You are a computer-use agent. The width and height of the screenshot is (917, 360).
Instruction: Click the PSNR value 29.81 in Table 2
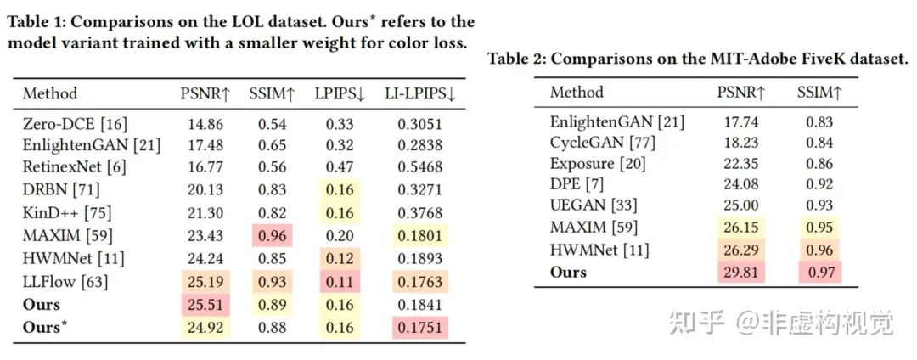[739, 271]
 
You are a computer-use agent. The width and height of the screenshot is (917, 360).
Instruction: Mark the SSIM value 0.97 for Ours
[819, 271]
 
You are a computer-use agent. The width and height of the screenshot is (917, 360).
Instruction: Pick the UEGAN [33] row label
[594, 205]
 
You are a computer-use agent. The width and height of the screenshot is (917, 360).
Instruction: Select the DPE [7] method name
[577, 184]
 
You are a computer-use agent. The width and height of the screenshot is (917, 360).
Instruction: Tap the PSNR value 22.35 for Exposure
[739, 164]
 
